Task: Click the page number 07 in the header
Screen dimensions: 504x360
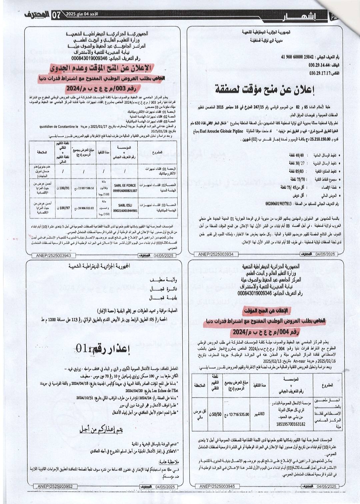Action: (56, 15)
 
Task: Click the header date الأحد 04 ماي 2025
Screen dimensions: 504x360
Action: (80, 14)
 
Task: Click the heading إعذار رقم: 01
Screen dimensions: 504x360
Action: (103, 349)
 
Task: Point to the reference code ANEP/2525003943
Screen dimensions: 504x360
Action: (51, 256)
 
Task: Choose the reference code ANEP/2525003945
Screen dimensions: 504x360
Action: (217, 487)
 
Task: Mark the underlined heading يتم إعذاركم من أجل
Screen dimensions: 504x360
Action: (101, 430)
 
